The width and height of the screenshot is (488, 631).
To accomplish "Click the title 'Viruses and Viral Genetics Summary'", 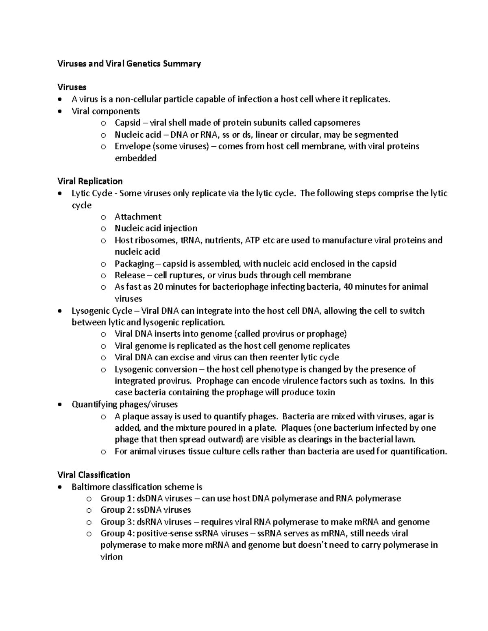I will [x=129, y=64].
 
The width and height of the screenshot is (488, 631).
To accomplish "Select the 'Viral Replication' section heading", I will [x=90, y=181].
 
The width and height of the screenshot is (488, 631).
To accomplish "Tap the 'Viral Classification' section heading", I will [x=94, y=475].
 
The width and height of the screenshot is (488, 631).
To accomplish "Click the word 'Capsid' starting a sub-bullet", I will [x=127, y=123].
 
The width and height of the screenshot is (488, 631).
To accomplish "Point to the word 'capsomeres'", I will [x=336, y=123].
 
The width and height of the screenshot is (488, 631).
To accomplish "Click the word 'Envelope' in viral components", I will [x=132, y=146].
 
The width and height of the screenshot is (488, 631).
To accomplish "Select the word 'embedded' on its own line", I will [x=135, y=158].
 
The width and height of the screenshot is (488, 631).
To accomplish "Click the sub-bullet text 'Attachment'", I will [x=138, y=217].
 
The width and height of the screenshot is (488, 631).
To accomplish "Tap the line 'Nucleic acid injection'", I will [x=156, y=228].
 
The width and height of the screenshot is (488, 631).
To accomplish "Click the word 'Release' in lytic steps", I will [x=130, y=275].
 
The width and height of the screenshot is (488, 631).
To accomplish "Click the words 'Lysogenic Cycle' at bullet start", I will [x=102, y=311].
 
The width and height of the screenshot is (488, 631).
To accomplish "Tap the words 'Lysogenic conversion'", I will [x=156, y=369].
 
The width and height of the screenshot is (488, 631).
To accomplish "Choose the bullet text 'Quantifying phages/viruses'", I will [x=124, y=404].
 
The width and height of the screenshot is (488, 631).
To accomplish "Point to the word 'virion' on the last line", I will [x=111, y=557].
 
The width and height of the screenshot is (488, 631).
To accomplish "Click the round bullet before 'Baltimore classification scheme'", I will [x=61, y=487].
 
